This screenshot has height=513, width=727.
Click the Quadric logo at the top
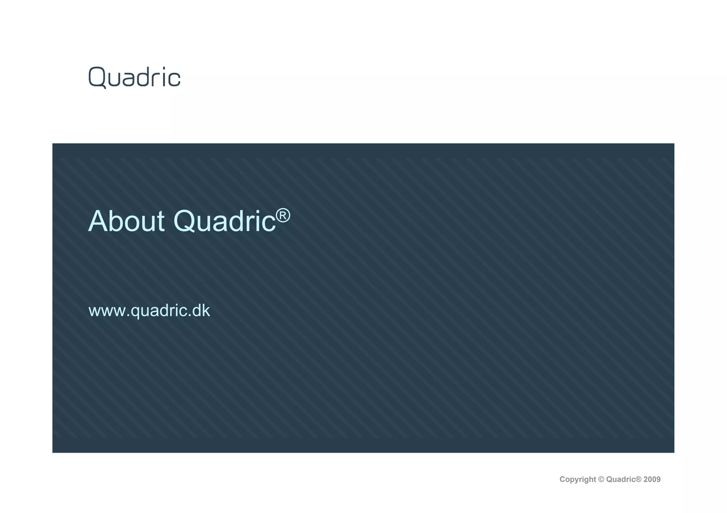pos(134,77)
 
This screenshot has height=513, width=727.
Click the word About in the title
pos(126,222)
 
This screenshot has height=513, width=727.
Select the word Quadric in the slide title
pos(224,222)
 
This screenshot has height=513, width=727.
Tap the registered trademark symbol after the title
pos(283,215)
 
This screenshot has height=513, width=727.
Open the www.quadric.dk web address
pos(149,311)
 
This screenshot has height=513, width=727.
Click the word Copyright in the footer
pos(578,480)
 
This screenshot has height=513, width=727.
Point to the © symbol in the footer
pos(601,480)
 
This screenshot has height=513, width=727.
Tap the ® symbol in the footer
pos(638,479)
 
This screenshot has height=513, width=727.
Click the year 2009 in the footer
pos(652,480)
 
